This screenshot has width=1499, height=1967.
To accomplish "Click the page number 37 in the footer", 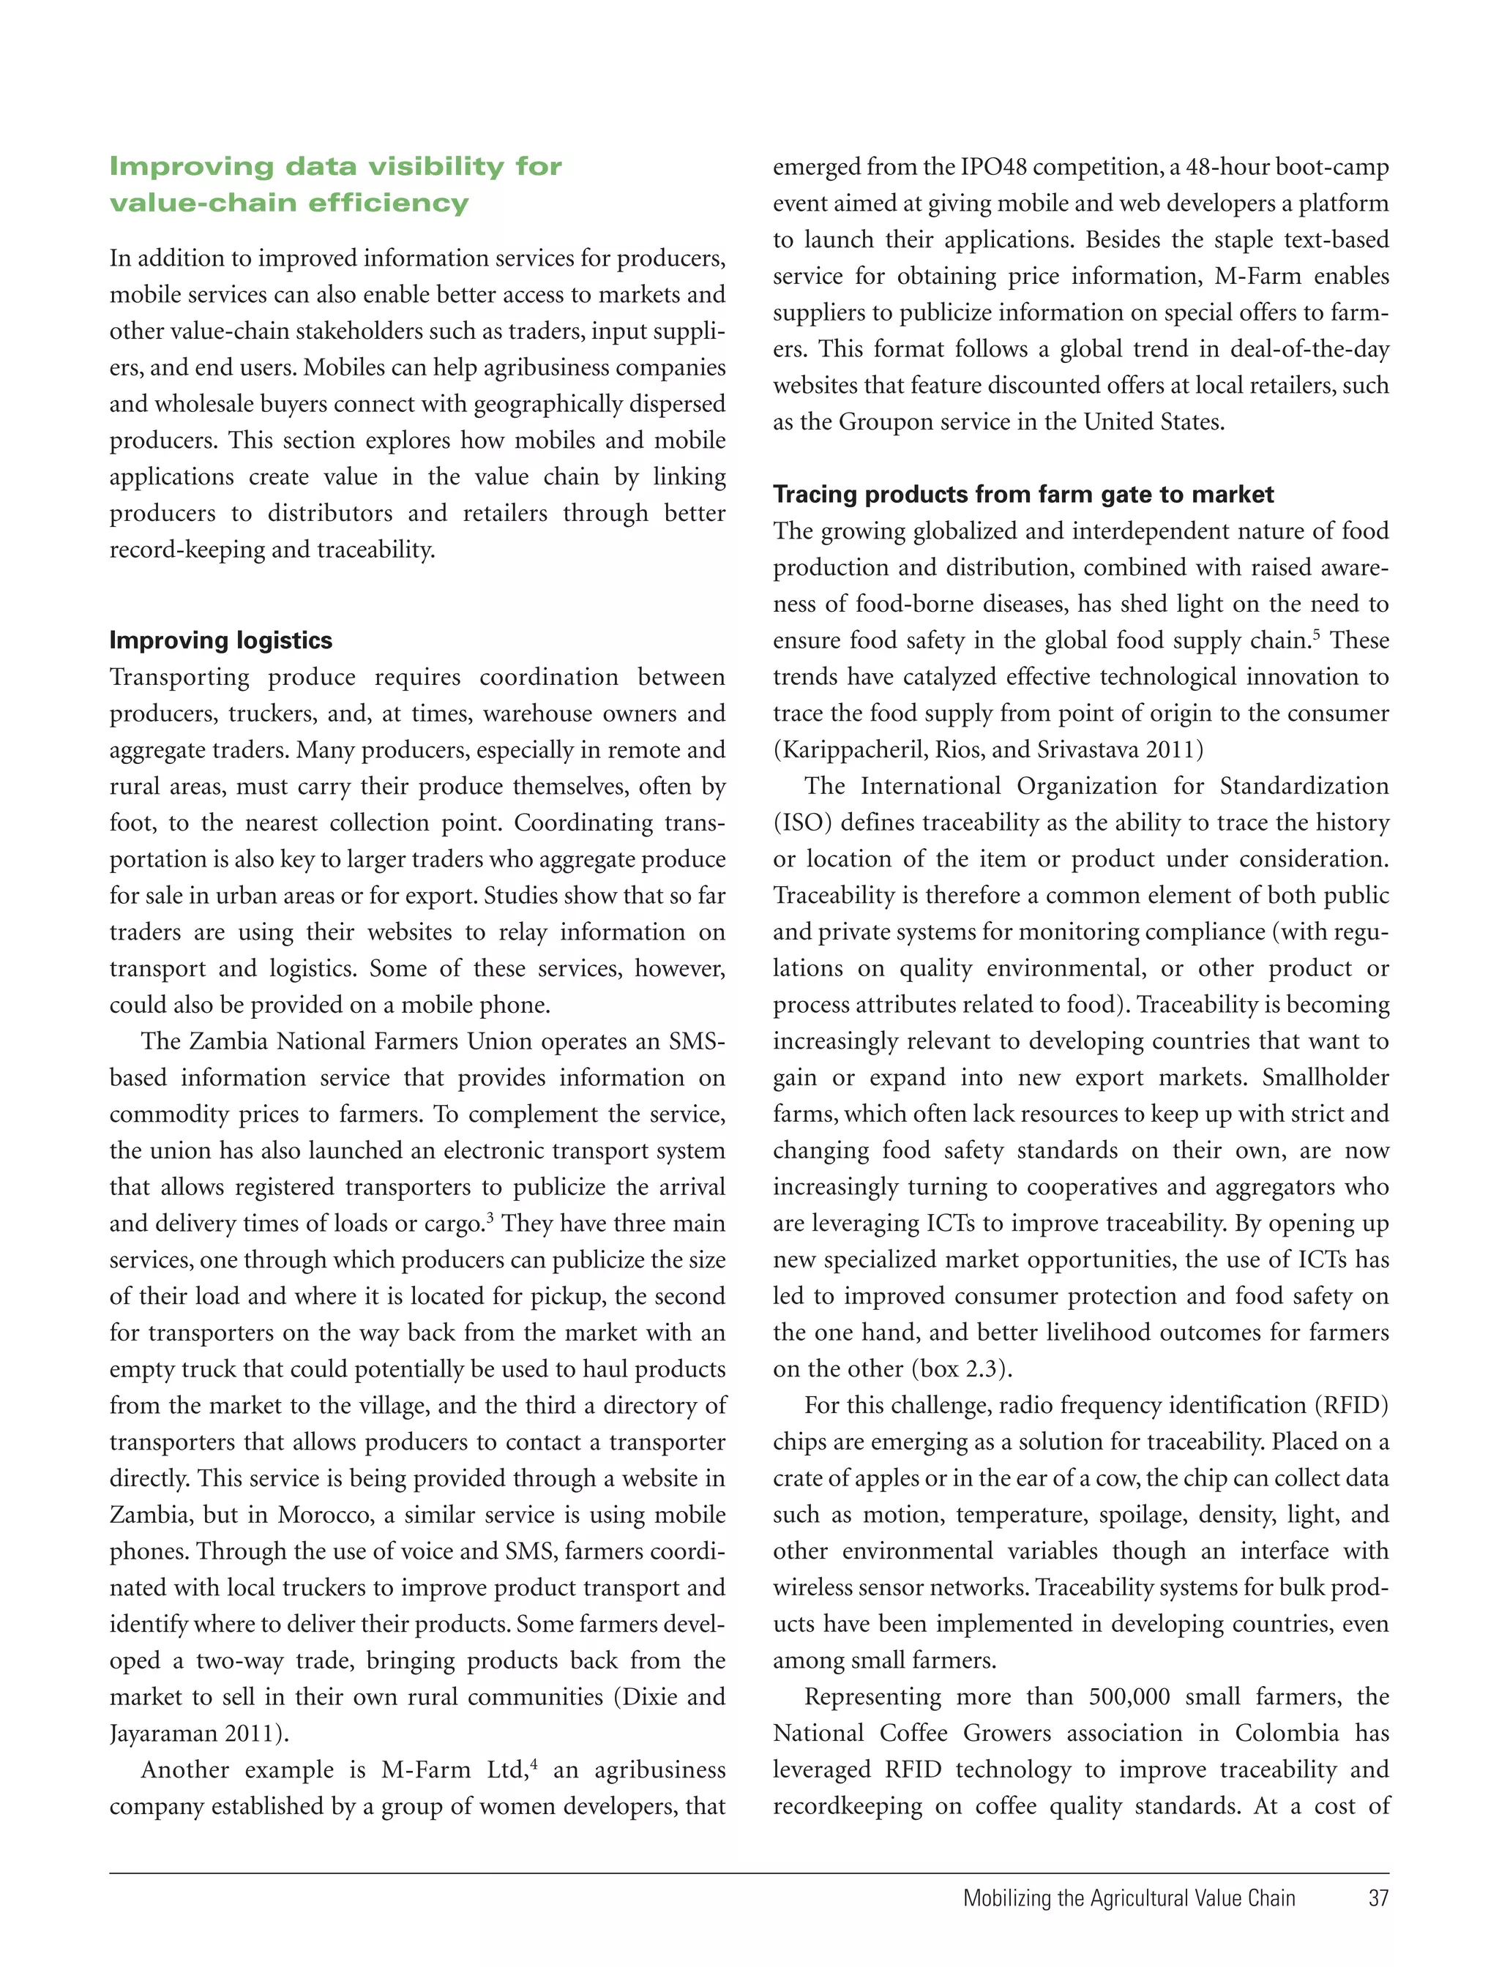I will [x=1377, y=1897].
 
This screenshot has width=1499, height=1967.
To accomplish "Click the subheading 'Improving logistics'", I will [x=220, y=640].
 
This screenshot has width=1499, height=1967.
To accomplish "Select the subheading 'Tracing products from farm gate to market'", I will [x=1023, y=494].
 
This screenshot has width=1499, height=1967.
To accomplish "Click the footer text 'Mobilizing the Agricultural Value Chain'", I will [x=1129, y=1897].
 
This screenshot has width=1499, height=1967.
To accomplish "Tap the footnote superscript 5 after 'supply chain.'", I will [x=1316, y=634].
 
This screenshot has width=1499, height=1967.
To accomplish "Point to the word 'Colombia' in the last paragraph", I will [x=1286, y=1734].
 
